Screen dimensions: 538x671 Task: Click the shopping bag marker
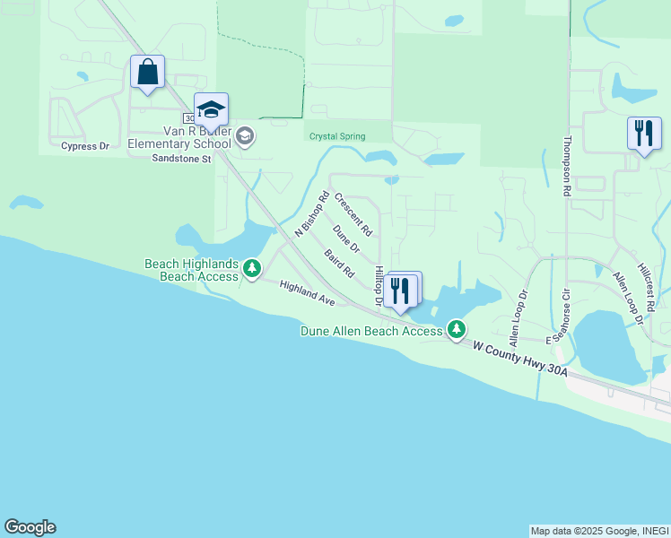tap(147, 72)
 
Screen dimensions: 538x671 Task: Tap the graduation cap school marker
tap(211, 109)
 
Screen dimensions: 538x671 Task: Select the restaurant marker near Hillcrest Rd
tap(643, 134)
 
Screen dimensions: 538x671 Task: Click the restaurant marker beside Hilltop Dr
tap(400, 290)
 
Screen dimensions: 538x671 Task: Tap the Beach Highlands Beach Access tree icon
tap(253, 268)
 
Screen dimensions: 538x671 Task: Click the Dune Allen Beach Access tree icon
tap(457, 330)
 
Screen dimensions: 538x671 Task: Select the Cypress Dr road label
tap(84, 146)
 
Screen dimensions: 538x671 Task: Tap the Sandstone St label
tap(180, 159)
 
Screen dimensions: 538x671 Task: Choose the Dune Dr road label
tap(345, 239)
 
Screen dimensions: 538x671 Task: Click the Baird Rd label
tap(340, 263)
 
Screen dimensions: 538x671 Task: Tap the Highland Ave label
tap(306, 293)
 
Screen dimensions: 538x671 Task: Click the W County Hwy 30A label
tap(520, 359)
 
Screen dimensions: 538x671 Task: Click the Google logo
tap(30, 527)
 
